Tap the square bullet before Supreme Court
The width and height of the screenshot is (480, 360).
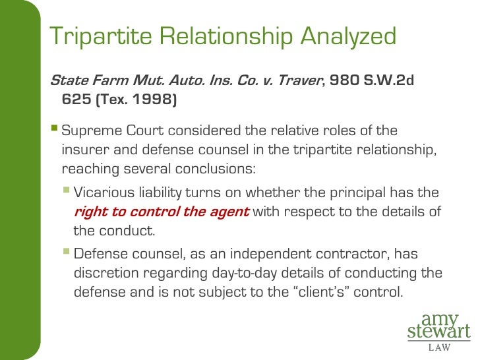coord(55,129)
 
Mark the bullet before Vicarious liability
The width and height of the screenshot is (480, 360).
coord(66,192)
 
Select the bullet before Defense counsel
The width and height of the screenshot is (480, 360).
coord(66,253)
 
